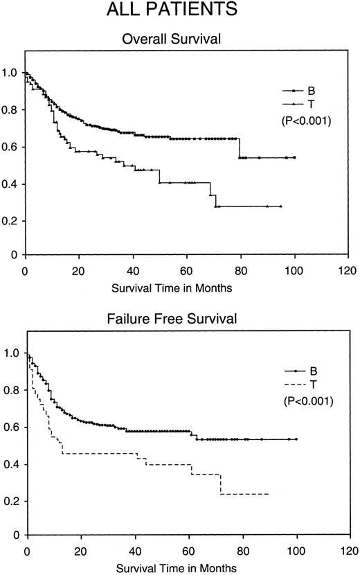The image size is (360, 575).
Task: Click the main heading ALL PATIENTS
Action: pyautogui.click(x=179, y=10)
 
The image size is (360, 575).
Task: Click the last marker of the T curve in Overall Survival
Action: pyautogui.click(x=280, y=206)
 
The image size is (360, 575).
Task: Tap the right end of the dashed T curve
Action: pyautogui.click(x=269, y=494)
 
